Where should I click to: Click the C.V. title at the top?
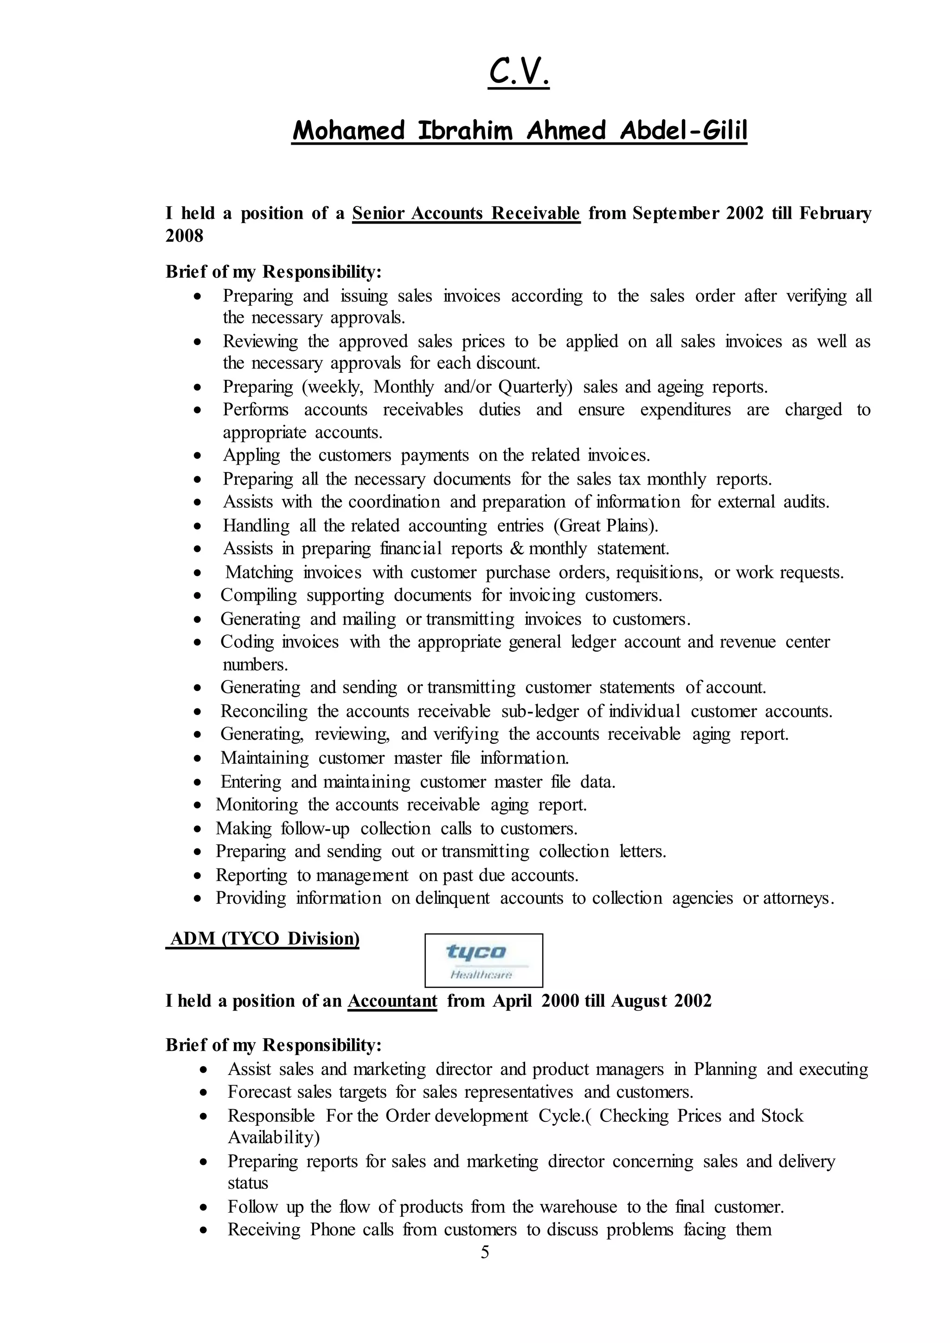pos(518,72)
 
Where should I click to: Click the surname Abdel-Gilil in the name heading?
pos(683,130)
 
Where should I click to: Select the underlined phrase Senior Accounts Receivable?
pos(466,213)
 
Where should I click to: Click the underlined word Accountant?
pos(392,1001)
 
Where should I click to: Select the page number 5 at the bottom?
pos(484,1252)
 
